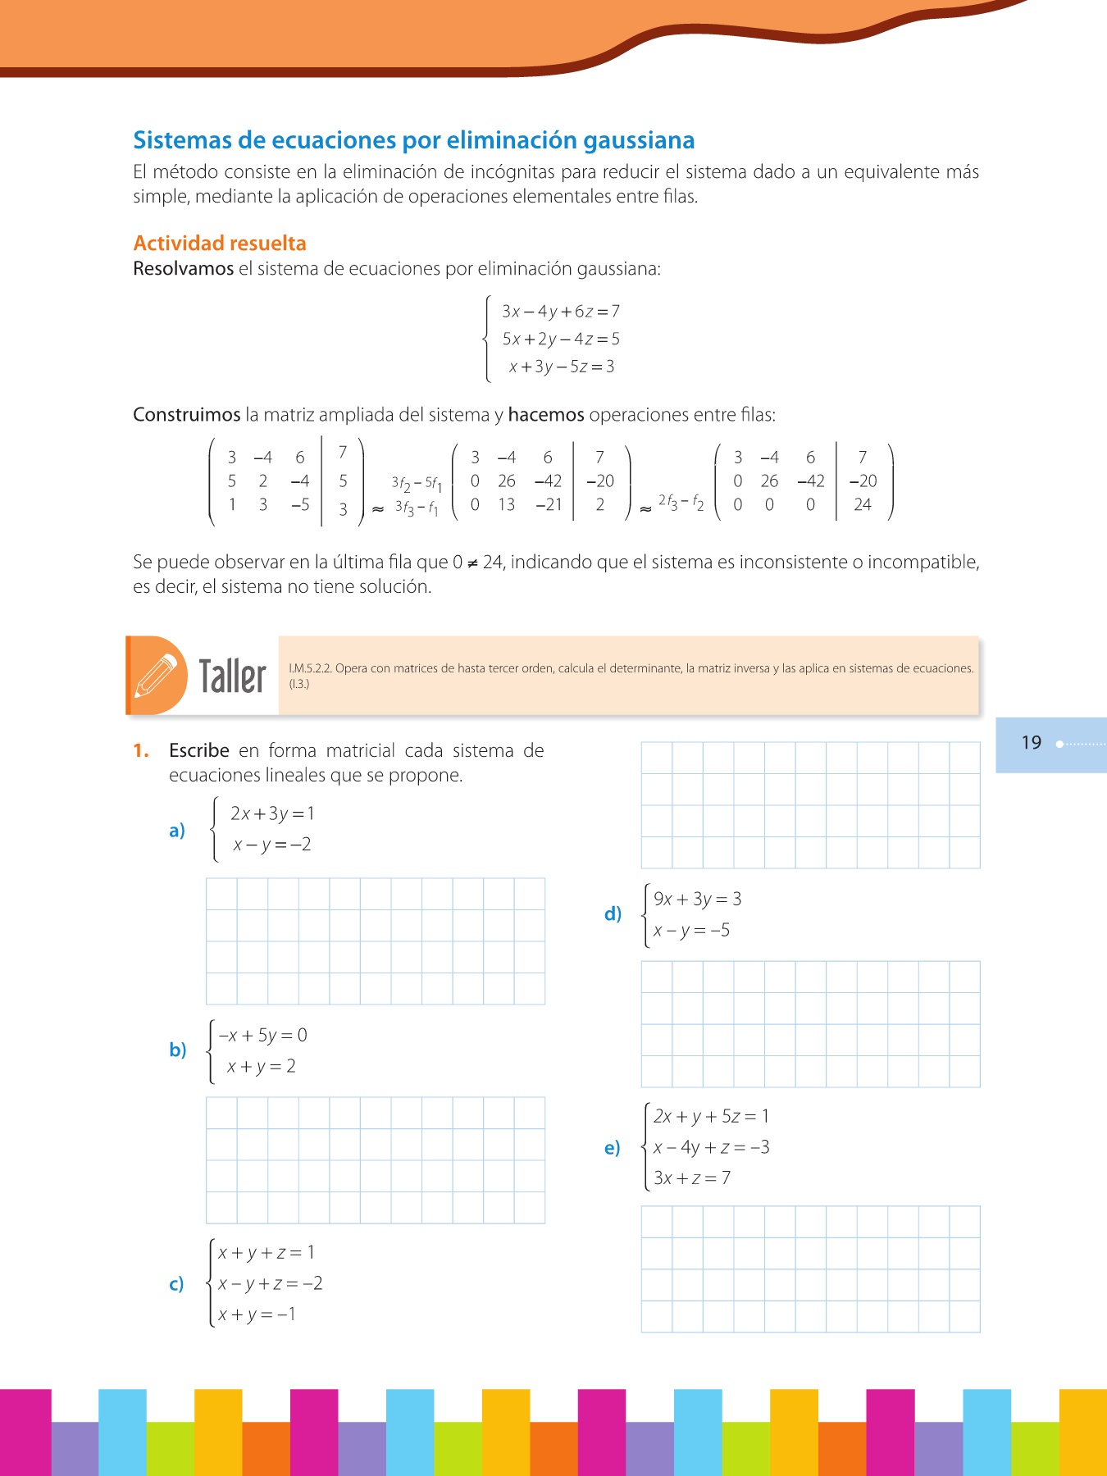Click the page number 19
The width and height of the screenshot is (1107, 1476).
1031,743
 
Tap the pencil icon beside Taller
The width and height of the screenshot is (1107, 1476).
156,676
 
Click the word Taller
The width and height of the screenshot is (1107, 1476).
232,676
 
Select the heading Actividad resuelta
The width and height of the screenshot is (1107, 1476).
220,244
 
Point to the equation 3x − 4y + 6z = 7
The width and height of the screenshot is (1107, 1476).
561,312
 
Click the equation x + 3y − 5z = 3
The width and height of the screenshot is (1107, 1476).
562,367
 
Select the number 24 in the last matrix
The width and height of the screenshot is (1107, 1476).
862,505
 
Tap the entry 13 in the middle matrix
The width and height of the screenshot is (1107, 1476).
507,505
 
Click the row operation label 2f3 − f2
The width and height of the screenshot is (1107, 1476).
681,501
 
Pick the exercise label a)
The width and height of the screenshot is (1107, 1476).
177,831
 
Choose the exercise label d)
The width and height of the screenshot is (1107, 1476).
613,913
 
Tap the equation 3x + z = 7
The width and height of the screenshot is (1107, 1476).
692,1178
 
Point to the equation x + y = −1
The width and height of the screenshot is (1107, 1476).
257,1314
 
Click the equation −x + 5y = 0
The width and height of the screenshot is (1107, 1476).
263,1036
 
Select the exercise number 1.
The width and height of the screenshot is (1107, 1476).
141,751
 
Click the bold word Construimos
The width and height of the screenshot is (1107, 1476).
187,415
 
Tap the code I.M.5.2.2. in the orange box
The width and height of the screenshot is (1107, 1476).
310,668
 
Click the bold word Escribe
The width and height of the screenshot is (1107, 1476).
199,751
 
